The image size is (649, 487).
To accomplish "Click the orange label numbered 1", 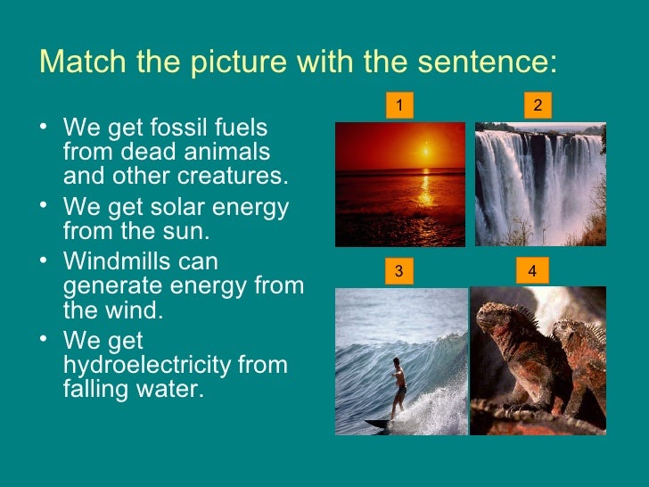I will (x=399, y=107).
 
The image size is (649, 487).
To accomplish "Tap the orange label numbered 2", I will (x=538, y=107).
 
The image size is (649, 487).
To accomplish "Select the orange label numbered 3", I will (x=399, y=271).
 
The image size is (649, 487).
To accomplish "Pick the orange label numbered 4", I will (x=532, y=271).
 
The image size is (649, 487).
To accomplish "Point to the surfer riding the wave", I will (x=398, y=384).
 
